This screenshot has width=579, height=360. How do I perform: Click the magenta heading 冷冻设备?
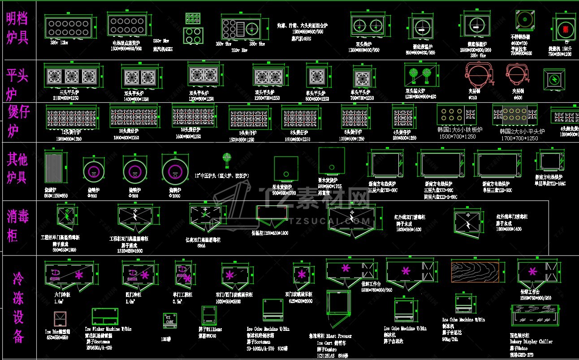click(x=18, y=308)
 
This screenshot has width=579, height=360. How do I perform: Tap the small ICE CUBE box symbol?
click(x=169, y=320)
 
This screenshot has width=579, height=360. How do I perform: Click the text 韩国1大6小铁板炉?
click(x=460, y=130)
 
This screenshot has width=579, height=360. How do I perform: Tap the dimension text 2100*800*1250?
click(x=69, y=98)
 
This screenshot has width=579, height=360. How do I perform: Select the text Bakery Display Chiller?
click(x=531, y=341)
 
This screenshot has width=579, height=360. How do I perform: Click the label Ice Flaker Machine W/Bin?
click(x=108, y=329)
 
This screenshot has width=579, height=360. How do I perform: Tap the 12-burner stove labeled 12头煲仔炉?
click(x=71, y=117)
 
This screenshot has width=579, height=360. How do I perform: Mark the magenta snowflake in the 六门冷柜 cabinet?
click(x=79, y=275)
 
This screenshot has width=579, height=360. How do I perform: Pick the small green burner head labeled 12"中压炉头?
click(x=226, y=158)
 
